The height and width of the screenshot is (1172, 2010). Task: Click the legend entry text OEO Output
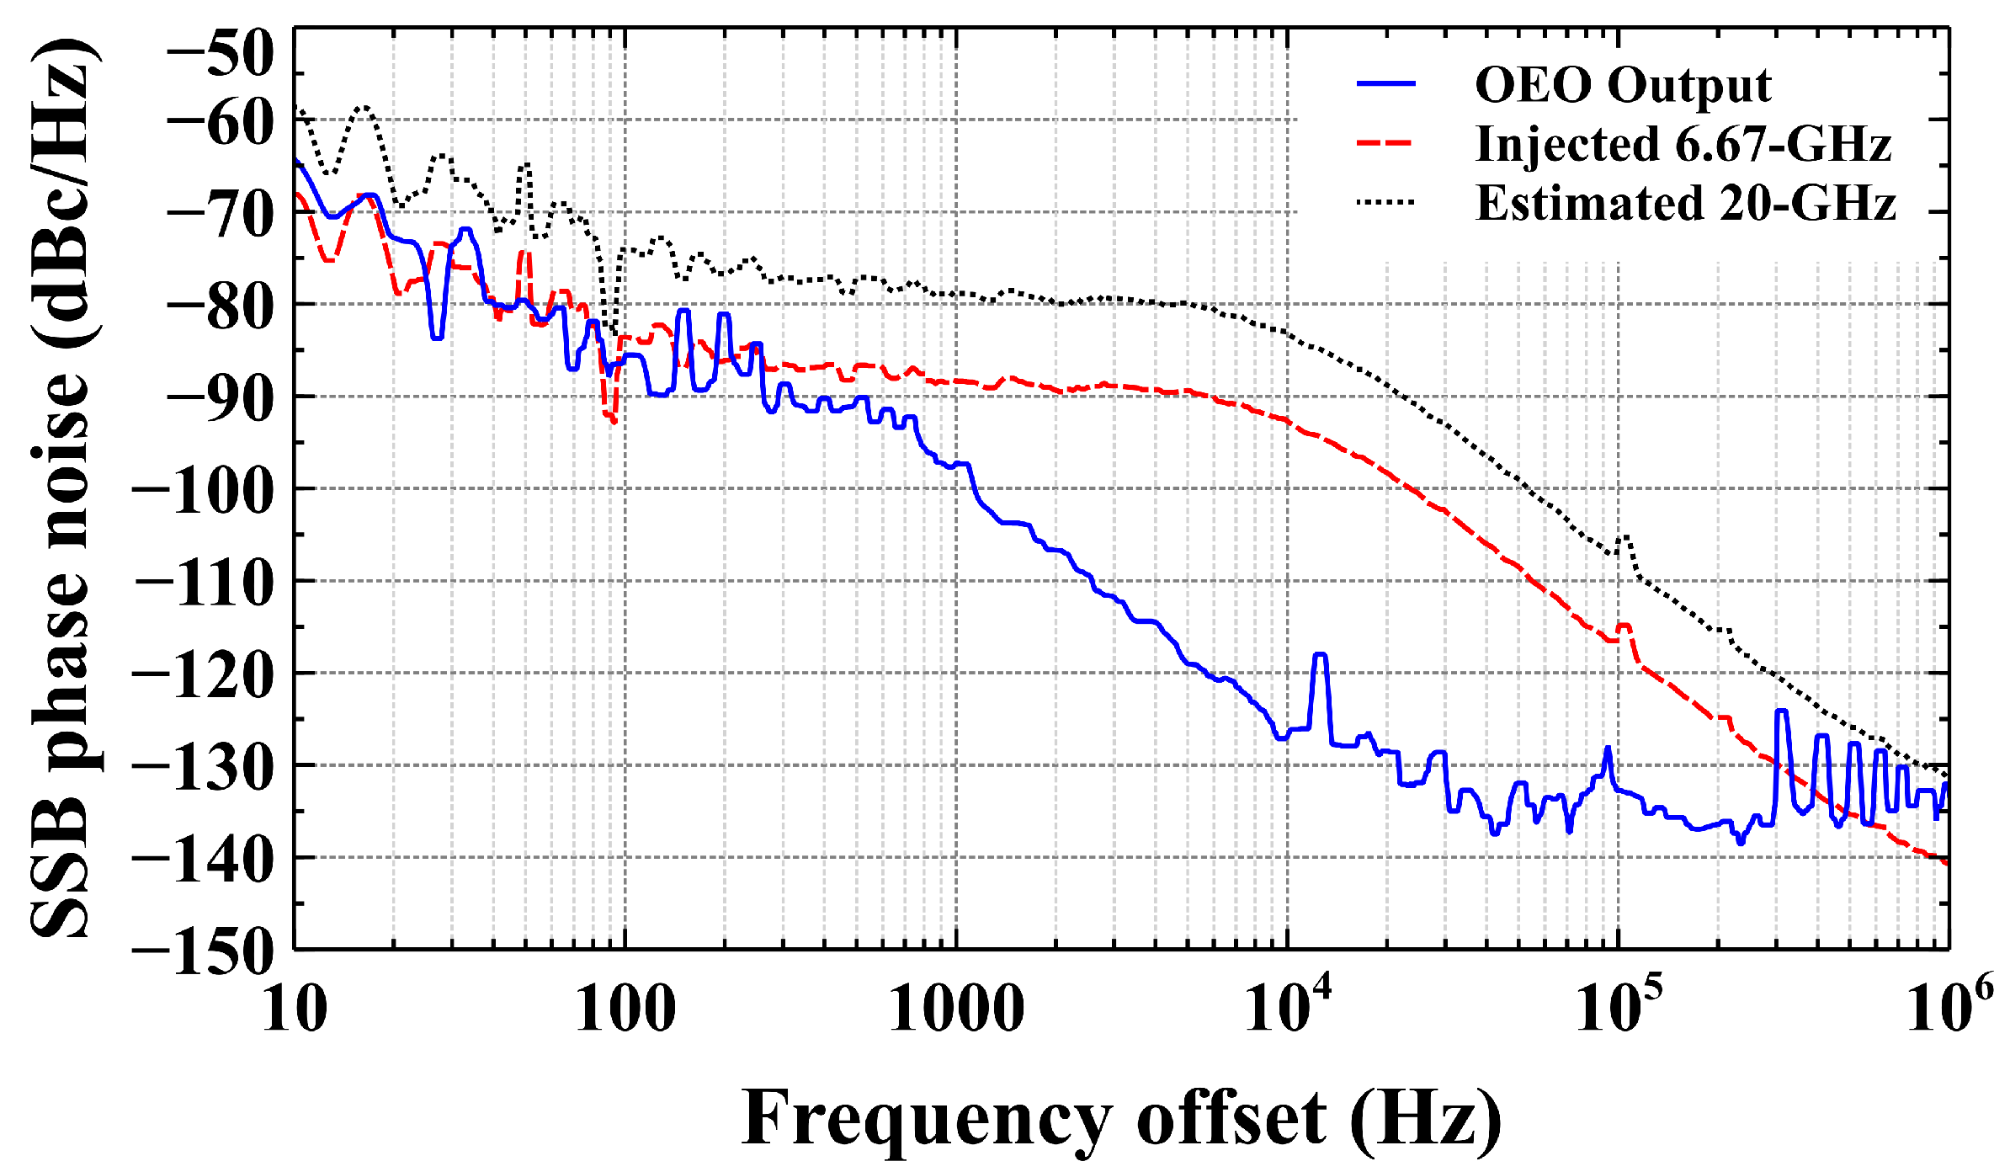pos(1623,85)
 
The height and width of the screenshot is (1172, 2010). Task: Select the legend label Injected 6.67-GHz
pos(1683,144)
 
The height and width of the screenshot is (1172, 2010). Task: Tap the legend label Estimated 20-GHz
pos(1685,203)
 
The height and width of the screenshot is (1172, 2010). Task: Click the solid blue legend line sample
pos(1385,83)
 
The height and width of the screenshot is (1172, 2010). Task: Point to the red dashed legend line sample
pos(1385,143)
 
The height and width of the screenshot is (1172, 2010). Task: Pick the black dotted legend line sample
pos(1385,202)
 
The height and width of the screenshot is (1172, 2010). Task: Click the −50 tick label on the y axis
pos(221,52)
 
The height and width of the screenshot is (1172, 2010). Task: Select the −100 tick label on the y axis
pos(205,491)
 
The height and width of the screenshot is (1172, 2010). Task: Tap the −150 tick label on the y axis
pos(205,952)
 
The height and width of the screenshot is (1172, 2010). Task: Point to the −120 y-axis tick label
pos(205,675)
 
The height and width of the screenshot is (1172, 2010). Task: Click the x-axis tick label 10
pos(294,1009)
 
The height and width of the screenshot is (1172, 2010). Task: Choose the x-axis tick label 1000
pos(956,1009)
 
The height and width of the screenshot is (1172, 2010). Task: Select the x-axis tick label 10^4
pos(1288,1004)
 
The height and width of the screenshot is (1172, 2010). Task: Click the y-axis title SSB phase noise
pos(61,488)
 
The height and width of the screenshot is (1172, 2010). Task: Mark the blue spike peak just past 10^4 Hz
pos(1320,654)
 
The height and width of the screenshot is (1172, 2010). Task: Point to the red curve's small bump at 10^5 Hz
pos(1624,626)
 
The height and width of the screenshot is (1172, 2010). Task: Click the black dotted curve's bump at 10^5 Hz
pos(1625,537)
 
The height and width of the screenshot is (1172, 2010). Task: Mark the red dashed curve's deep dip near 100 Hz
pos(613,419)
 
